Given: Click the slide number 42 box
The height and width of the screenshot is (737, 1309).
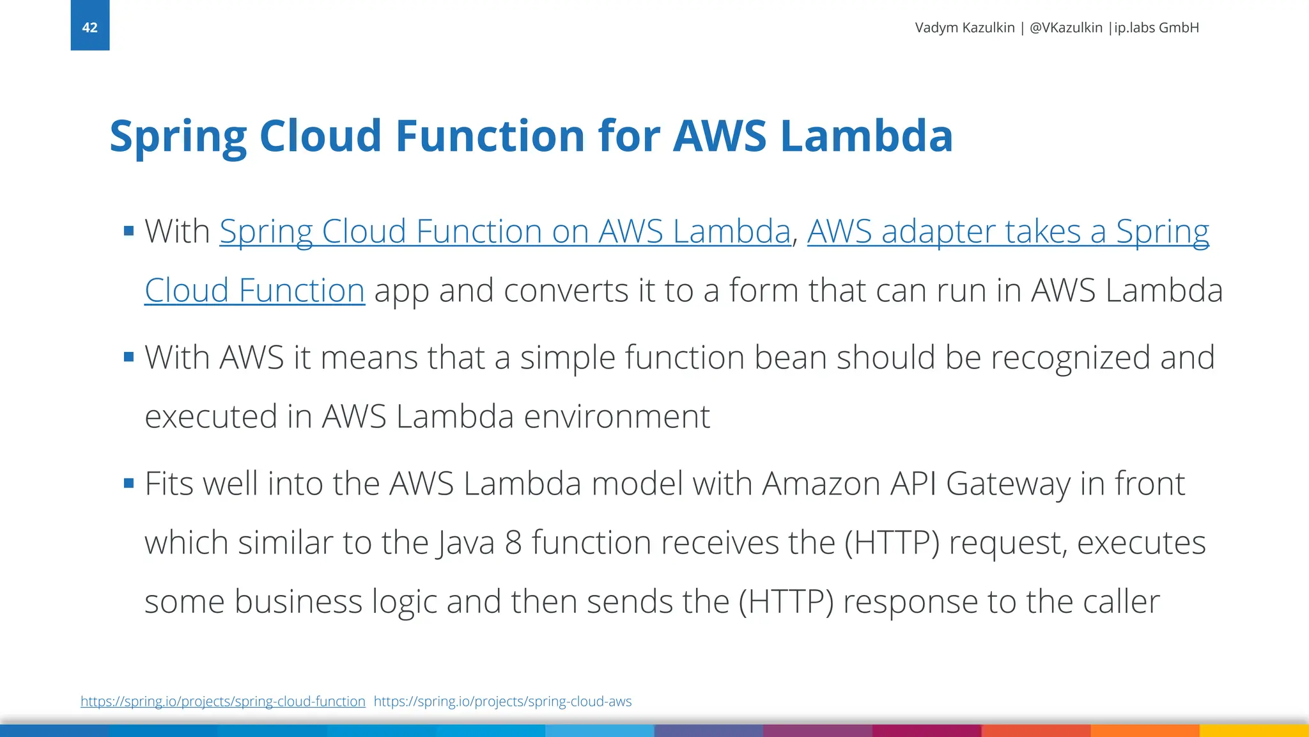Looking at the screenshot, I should [89, 26].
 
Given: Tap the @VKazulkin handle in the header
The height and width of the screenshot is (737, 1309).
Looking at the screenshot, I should [1066, 28].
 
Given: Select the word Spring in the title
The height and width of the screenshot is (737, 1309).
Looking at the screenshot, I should [178, 136].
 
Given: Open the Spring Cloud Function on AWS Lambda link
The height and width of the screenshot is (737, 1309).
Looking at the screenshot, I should [505, 232].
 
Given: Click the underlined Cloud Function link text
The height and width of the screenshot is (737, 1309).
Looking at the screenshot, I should [254, 291].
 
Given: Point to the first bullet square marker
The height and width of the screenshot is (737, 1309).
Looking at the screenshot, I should [129, 231].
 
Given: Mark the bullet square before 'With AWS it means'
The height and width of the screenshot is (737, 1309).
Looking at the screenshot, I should [129, 357].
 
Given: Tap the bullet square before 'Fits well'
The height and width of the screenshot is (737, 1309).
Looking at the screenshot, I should [129, 483].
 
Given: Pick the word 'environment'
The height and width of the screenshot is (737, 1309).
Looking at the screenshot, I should [617, 416].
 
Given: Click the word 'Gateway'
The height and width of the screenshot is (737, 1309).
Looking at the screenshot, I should [1008, 484].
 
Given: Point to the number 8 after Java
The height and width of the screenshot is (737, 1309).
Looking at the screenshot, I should [513, 543].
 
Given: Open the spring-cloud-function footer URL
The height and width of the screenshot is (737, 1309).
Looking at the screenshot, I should [223, 701].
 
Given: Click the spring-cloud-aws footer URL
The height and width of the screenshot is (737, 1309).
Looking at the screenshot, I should [502, 701].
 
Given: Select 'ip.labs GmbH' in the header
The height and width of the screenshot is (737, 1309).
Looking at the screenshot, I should [1156, 28].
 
